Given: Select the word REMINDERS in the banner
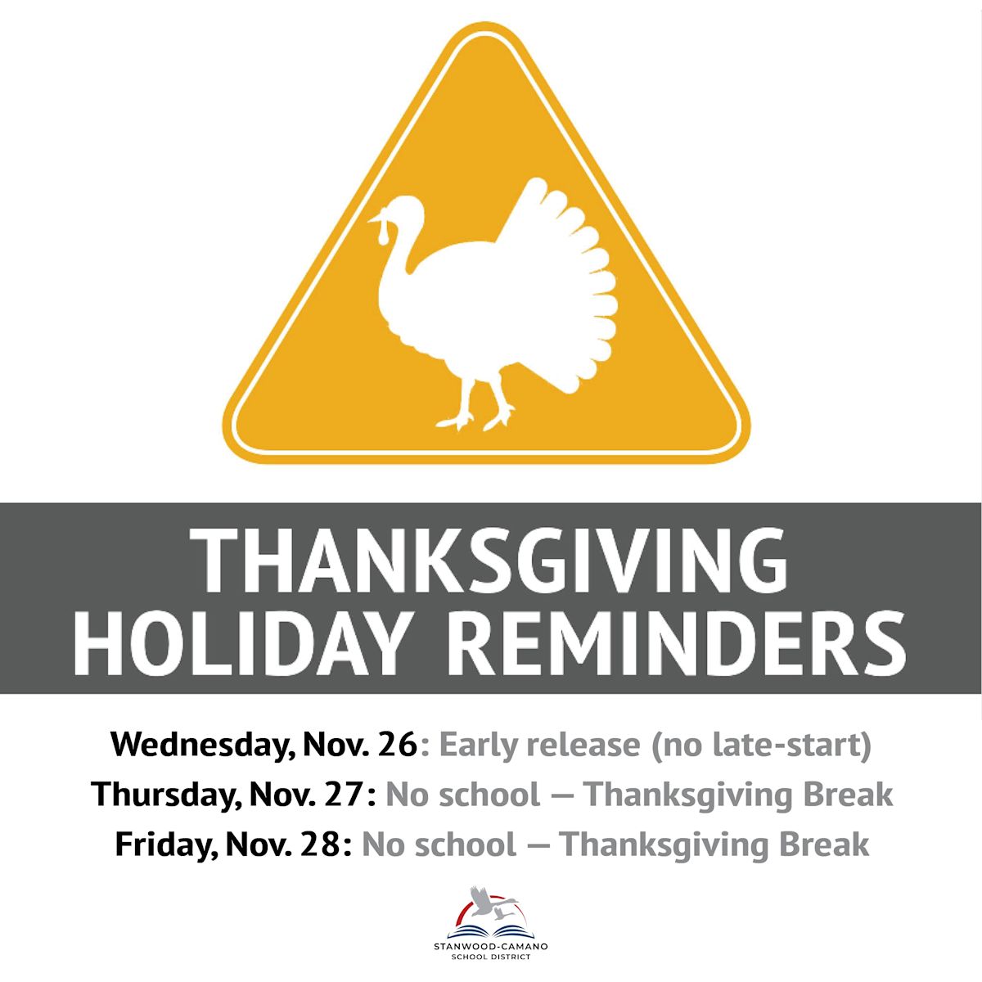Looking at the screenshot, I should click(x=678, y=640).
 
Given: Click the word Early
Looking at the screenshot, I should click(x=478, y=745).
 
